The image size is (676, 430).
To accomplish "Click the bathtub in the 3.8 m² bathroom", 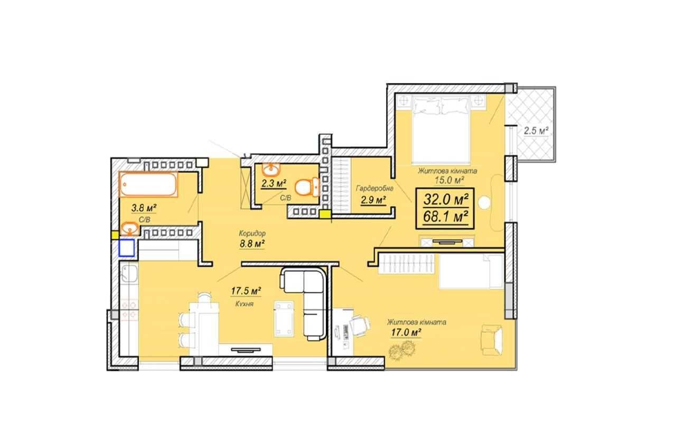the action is (x=148, y=184).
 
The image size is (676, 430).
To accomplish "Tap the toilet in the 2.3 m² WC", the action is (x=307, y=187).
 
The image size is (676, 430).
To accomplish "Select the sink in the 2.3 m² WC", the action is (x=271, y=170).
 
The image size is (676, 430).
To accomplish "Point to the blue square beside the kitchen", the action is (x=126, y=248).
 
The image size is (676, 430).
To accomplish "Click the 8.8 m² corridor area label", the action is (x=252, y=244).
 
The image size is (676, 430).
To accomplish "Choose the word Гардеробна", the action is (x=374, y=189).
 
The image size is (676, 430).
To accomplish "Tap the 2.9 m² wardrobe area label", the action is (x=373, y=200).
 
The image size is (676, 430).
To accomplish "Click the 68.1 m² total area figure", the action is (x=446, y=217).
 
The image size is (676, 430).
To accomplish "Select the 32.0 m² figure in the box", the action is (x=446, y=199).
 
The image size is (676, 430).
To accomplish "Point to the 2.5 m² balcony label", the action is (x=536, y=131).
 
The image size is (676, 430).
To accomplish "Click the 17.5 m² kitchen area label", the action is (x=246, y=291).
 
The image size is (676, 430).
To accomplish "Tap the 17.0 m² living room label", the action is (x=406, y=332).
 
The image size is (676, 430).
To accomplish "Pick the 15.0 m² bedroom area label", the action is (x=449, y=180).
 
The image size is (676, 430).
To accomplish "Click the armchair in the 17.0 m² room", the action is (x=492, y=340).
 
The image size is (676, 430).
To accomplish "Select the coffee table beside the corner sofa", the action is (x=284, y=319).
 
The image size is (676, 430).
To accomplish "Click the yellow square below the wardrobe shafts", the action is (x=325, y=214).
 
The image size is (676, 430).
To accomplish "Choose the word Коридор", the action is (x=252, y=233).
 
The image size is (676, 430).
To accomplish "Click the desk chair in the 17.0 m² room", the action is (x=361, y=326).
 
